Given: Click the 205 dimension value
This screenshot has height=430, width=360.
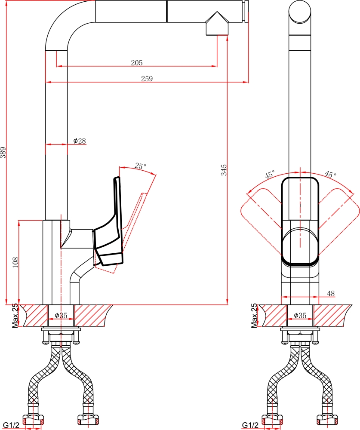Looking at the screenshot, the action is click(137, 63).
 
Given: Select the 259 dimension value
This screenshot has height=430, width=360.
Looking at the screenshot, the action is click(147, 79).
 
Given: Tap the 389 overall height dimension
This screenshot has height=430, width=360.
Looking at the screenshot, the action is click(3, 153).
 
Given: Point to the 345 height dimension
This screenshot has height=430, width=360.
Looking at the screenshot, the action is click(224, 170).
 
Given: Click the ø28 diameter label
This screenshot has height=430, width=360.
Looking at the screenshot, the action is click(80, 141).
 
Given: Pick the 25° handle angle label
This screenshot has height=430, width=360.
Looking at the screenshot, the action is click(140, 166).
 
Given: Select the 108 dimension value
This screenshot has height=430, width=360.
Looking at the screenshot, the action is click(15, 262).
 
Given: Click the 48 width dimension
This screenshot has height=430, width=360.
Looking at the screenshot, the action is click(331, 293).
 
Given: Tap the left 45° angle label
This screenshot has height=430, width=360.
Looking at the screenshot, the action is click(270, 175).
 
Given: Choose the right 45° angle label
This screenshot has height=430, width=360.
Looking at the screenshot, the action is click(330, 174).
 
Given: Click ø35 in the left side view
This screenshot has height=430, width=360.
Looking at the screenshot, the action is click(61, 315).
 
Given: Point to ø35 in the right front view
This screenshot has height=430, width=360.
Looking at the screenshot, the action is click(300, 315).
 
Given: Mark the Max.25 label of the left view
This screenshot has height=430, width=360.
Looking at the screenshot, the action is click(15, 315).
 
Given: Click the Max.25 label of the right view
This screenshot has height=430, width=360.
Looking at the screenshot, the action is click(254, 315).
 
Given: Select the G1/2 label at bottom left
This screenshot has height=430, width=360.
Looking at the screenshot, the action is click(11, 425).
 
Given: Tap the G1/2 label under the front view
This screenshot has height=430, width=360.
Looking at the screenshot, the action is click(250, 425).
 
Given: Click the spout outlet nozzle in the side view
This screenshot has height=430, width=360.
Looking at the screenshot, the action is click(217, 24).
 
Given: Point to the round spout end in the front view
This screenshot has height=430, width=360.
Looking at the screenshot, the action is click(300, 12).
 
